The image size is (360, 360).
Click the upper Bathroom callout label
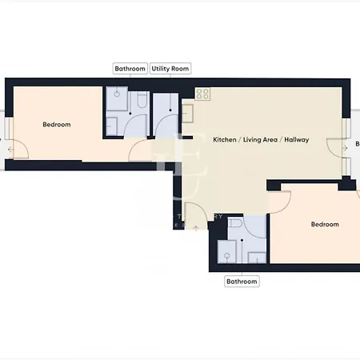tap(130, 70)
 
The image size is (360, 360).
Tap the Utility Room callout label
tap(170, 70)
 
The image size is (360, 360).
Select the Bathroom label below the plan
tap(242, 282)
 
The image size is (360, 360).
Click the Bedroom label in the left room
tap(57, 124)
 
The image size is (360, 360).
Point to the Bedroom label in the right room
tap(325, 224)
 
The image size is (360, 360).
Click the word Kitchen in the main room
tap(224, 140)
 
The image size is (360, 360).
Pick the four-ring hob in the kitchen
tap(202, 94)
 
